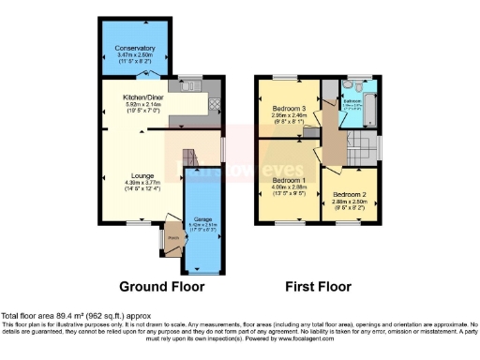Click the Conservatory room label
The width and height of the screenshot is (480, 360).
pos(135,47)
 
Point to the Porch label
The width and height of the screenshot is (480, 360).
pos(172,236)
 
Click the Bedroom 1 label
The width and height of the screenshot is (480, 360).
pos(289,179)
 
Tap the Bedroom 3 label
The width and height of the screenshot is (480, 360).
pos(289,109)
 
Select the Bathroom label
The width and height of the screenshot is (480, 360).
pos(352,100)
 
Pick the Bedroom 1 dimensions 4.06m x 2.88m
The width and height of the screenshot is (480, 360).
pos(289,187)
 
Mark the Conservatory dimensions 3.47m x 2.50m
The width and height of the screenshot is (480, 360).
pos(135,54)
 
